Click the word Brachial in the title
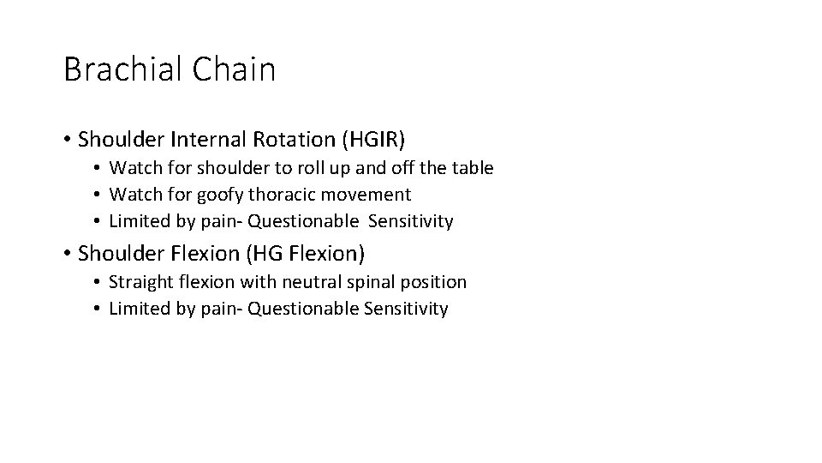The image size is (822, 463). click(x=119, y=69)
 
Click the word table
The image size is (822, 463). click(x=472, y=168)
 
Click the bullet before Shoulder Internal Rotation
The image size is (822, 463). click(x=68, y=139)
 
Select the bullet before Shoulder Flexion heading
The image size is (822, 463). click(x=68, y=254)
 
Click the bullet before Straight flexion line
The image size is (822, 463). click(x=99, y=283)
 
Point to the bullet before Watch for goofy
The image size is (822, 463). click(x=99, y=195)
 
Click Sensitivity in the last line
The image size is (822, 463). click(x=407, y=309)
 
